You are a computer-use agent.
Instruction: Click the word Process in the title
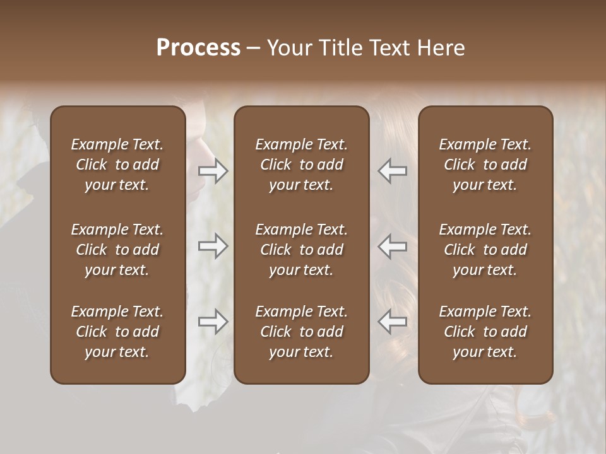point(198,48)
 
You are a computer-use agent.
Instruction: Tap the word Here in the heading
point(441,48)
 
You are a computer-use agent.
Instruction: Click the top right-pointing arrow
point(213,171)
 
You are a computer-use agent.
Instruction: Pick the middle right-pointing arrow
point(213,246)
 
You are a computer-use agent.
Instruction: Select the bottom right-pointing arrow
point(213,322)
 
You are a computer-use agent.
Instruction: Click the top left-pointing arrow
point(393,171)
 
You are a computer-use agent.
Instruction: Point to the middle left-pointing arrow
point(393,246)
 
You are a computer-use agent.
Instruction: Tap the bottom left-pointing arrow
point(393,322)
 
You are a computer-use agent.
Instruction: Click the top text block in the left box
point(117,165)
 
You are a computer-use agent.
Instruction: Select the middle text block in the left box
point(117,250)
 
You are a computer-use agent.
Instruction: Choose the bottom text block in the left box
point(117,332)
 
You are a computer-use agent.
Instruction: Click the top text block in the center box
point(301,165)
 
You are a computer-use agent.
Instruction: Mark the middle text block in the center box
point(301,250)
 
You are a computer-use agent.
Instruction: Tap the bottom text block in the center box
point(301,332)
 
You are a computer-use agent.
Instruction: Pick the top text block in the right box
point(485,165)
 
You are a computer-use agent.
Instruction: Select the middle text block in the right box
point(485,250)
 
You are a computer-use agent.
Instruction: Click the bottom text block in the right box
point(485,332)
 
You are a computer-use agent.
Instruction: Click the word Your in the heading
point(288,48)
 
